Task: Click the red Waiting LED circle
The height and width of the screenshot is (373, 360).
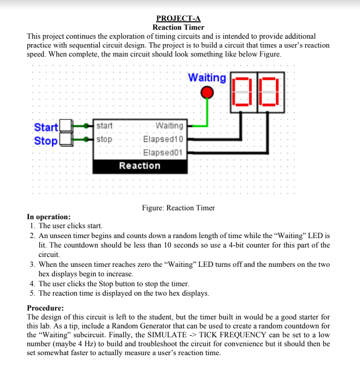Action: coord(207,93)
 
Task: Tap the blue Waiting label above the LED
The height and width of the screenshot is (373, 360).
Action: coord(207,78)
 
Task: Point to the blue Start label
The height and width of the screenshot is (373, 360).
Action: coord(46,127)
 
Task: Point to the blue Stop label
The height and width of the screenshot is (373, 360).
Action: coord(46,141)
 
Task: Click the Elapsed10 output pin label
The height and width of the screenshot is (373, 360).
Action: coord(163,139)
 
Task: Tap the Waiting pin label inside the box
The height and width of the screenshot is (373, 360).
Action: coord(169,126)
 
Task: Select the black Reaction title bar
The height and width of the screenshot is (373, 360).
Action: coord(140,166)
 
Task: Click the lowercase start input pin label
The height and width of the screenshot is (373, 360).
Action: coord(105,126)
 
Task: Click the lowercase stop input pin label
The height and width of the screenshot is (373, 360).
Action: coord(105,139)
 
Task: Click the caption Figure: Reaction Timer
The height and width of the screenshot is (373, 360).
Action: coord(179,208)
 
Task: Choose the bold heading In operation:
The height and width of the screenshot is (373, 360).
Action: coord(49,217)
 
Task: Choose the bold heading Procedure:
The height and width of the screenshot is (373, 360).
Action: coord(45,308)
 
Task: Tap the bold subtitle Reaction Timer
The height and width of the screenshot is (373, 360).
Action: coord(179,27)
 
